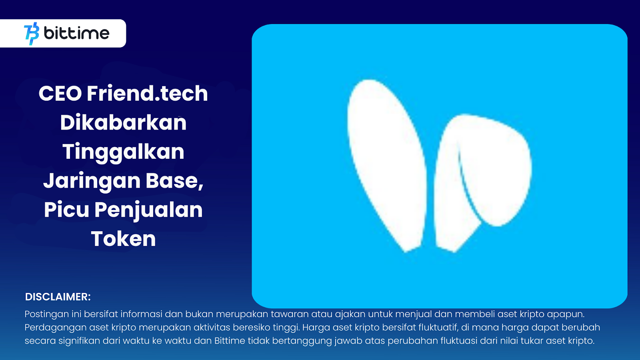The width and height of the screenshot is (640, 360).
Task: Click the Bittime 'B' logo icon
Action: pyautogui.click(x=32, y=34)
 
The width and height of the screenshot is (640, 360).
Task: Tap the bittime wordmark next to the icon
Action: pyautogui.click(x=76, y=33)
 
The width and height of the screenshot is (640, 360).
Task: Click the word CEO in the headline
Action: pyautogui.click(x=60, y=94)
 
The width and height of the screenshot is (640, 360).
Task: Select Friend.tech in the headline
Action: pyautogui.click(x=147, y=93)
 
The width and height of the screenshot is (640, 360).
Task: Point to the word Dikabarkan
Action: pyautogui.click(x=123, y=122)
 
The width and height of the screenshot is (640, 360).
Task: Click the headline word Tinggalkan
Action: pyautogui.click(x=123, y=152)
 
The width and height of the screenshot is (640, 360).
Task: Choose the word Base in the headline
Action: pyautogui.click(x=174, y=181)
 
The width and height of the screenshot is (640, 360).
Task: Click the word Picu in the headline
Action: pyautogui.click(x=66, y=210)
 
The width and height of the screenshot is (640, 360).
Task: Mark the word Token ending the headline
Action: pyautogui.click(x=124, y=238)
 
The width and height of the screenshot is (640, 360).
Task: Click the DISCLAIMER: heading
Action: pyautogui.click(x=58, y=297)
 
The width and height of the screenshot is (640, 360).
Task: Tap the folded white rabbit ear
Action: pyautogui.click(x=483, y=180)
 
